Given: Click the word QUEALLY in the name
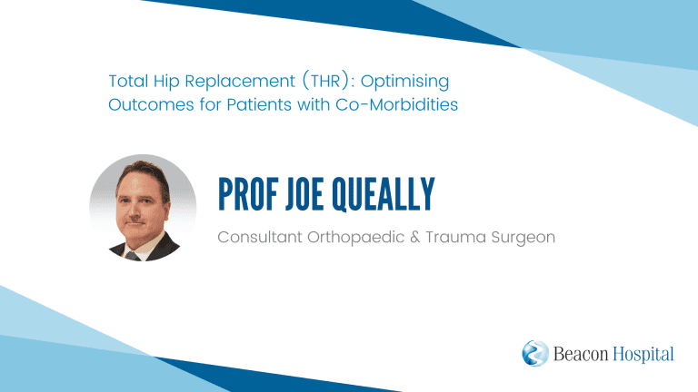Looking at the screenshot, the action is click(x=384, y=194).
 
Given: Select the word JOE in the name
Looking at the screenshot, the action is click(x=305, y=194).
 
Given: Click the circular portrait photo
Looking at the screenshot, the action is click(x=143, y=208).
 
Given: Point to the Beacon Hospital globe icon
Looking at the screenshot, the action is click(x=535, y=353).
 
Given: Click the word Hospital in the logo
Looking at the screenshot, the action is click(x=643, y=354).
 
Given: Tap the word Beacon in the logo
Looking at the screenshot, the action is click(x=581, y=354).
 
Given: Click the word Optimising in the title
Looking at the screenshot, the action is click(x=404, y=82).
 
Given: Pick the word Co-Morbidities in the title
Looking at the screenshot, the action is click(x=396, y=105).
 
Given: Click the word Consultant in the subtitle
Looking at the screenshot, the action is click(x=260, y=237).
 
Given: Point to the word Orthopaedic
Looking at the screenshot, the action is click(x=355, y=238).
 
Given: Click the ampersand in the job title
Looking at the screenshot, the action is click(x=414, y=237).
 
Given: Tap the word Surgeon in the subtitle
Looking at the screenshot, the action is click(x=523, y=238).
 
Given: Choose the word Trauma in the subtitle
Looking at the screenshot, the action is click(x=456, y=237).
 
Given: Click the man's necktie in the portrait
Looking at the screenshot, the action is click(x=132, y=256).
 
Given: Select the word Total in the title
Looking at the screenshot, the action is click(x=129, y=81).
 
